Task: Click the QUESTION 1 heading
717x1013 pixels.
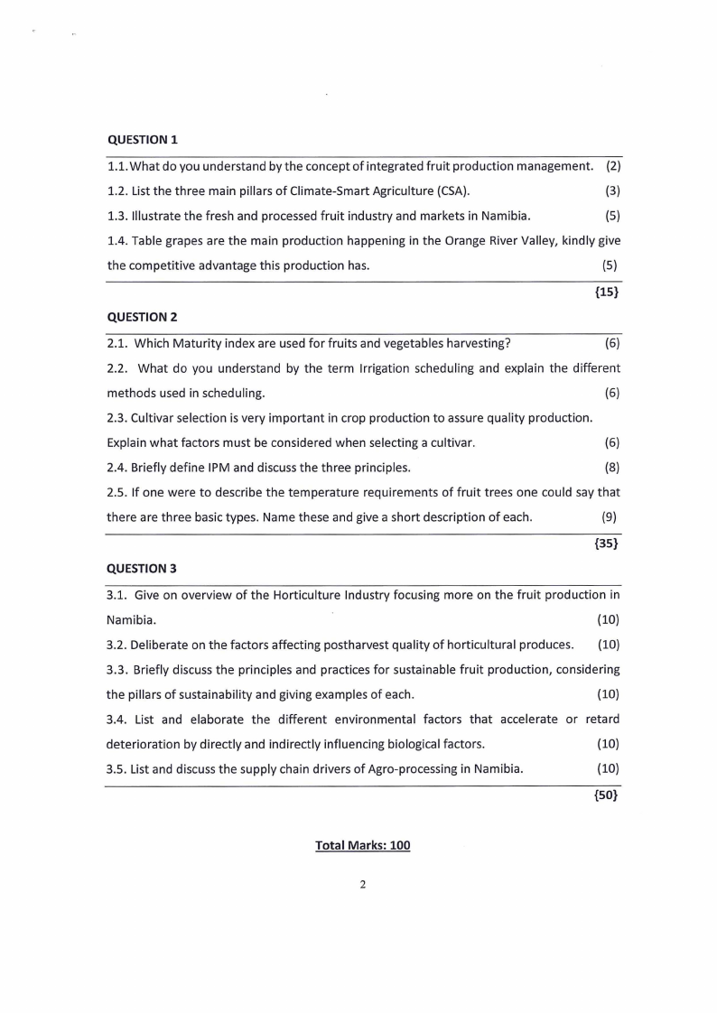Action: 143,140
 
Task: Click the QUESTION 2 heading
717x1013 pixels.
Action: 143,317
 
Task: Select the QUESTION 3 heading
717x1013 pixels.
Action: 143,569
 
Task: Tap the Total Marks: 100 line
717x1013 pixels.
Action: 362,845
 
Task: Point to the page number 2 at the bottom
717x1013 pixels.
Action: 362,885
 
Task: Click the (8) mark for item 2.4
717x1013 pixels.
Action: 611,468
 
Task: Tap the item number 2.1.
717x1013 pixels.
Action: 118,343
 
